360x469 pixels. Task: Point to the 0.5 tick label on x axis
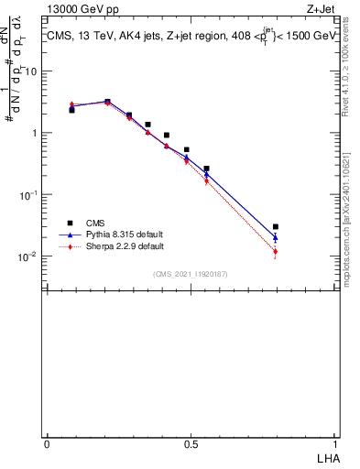point(191,443)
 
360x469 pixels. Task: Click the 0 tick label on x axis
point(47,443)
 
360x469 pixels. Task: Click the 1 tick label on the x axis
point(333,443)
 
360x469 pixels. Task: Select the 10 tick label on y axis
point(28,71)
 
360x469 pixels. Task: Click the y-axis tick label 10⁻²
point(26,256)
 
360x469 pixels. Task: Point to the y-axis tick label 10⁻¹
point(26,194)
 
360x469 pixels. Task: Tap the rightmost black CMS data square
point(276,226)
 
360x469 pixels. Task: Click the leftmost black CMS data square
point(71,110)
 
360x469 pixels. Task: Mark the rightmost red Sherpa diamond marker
point(276,252)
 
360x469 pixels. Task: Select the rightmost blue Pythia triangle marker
point(276,237)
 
